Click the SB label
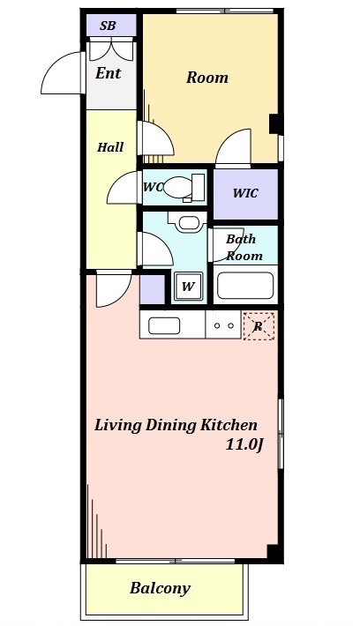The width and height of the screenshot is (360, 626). click(x=108, y=26)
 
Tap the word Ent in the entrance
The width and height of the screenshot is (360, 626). click(x=108, y=73)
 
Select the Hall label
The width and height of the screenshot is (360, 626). click(x=110, y=147)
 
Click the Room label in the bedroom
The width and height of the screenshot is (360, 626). click(x=207, y=77)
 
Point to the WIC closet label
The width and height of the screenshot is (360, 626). click(x=245, y=193)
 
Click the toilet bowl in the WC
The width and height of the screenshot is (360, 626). click(x=178, y=187)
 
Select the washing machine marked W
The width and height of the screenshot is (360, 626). click(x=188, y=286)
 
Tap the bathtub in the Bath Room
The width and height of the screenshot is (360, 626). click(x=245, y=286)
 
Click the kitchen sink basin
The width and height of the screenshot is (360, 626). click(x=164, y=325)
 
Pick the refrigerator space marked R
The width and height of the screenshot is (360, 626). click(x=259, y=325)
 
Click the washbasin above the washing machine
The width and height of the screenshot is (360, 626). click(x=187, y=222)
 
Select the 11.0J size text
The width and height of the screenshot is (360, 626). click(x=244, y=444)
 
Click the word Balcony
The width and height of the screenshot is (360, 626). click(x=160, y=588)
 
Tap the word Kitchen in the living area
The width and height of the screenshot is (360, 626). click(x=229, y=425)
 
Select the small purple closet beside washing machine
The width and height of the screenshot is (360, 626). click(x=152, y=289)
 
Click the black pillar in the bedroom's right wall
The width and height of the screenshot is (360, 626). click(x=274, y=124)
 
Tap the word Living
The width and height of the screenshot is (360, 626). click(x=118, y=426)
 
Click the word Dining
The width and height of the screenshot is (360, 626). click(x=170, y=426)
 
